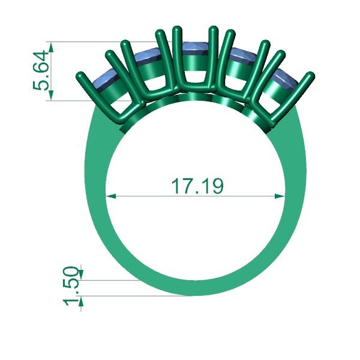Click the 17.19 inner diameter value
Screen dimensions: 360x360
197,187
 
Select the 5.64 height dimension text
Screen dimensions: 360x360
42,70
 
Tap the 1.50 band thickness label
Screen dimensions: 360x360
72,284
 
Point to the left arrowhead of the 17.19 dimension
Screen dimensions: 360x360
110,196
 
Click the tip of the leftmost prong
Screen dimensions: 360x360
81,76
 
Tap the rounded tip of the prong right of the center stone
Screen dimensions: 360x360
212,29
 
